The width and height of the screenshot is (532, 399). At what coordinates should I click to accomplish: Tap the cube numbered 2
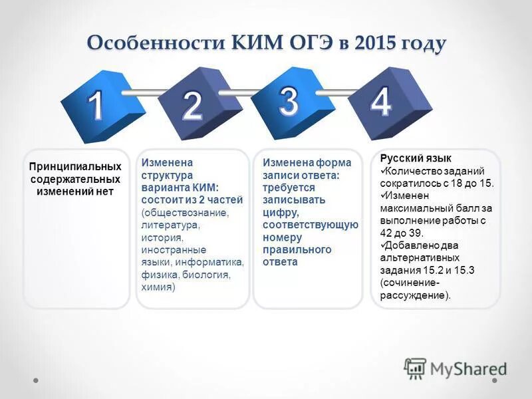[192, 106]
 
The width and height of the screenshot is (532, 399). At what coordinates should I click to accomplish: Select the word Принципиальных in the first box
[75, 167]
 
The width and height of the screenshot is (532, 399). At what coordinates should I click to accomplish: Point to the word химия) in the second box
[158, 287]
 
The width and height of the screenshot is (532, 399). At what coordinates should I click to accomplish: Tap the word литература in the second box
[170, 225]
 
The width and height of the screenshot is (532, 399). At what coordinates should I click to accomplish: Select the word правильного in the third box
[297, 249]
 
